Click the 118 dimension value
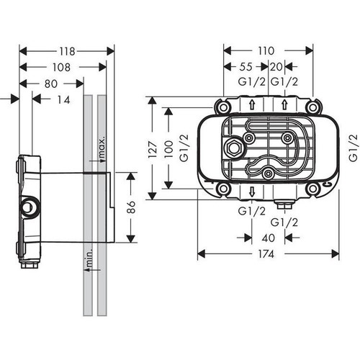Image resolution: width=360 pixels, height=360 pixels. (x=66, y=51)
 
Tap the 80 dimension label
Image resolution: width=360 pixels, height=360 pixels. (x=49, y=84)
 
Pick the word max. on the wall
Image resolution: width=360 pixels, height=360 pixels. (x=102, y=148)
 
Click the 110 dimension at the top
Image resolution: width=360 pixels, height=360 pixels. (x=268, y=51)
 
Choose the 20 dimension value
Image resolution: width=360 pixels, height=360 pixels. (x=277, y=67)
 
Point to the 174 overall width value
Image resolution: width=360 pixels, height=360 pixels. (x=268, y=253)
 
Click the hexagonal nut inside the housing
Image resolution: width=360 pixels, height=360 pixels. (x=234, y=149)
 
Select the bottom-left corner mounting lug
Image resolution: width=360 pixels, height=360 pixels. (x=224, y=189)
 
